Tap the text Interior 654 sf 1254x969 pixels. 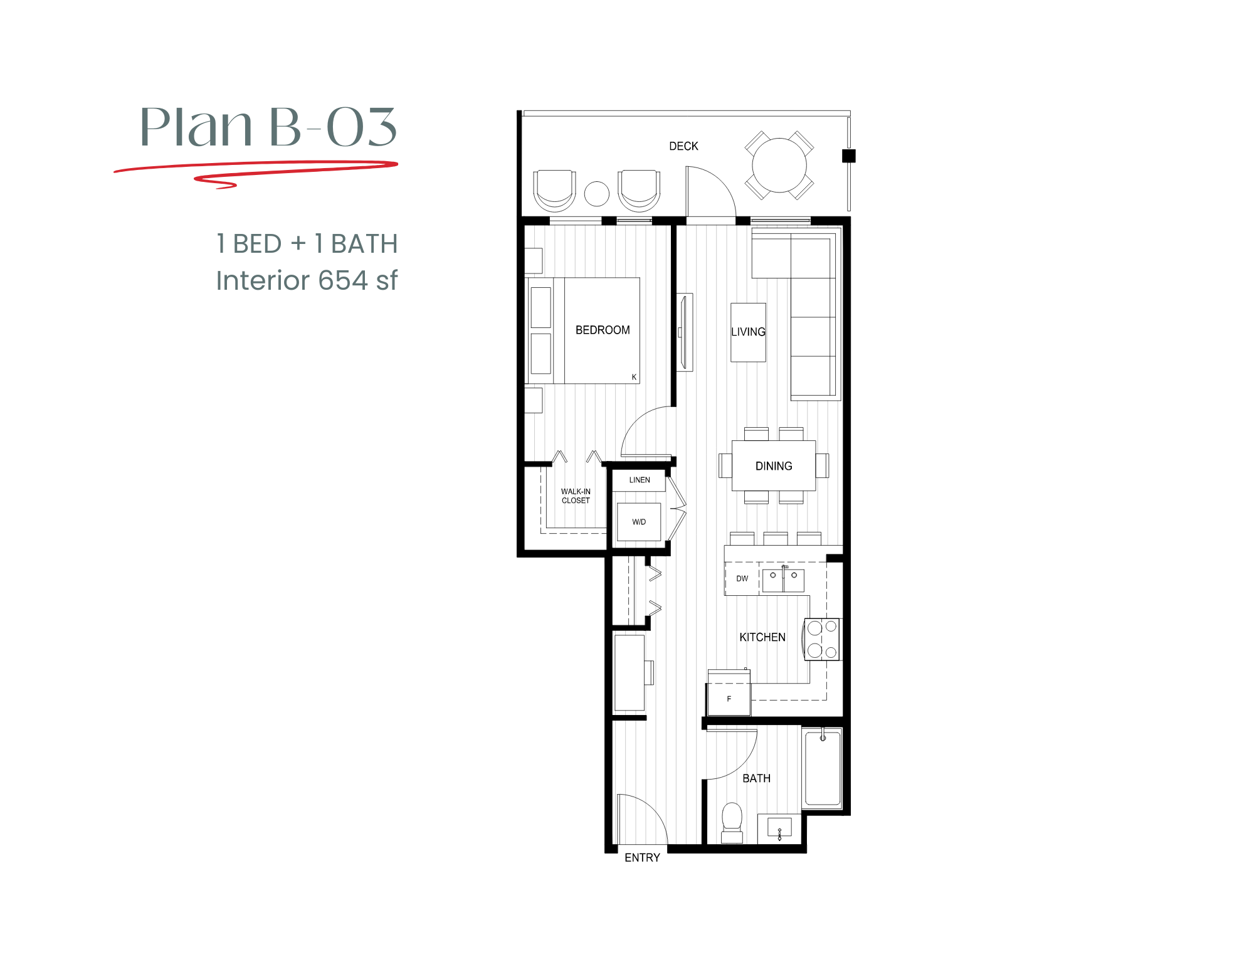(306, 280)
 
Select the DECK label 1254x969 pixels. (683, 146)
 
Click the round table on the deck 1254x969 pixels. (779, 165)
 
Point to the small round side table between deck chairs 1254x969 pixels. (596, 194)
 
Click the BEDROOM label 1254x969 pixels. (603, 330)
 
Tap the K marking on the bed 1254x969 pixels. (634, 377)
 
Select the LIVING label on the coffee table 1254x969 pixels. (748, 332)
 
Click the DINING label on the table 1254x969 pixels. (774, 466)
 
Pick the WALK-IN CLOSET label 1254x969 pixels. (576, 496)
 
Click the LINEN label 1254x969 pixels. (640, 480)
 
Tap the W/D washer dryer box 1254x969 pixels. (639, 522)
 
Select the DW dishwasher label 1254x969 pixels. (742, 578)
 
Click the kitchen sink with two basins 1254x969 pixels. (783, 580)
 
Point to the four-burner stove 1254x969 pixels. (822, 639)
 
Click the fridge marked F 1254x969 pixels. (729, 699)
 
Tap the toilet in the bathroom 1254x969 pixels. (732, 820)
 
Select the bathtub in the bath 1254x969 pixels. (823, 770)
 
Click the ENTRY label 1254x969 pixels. (642, 857)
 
